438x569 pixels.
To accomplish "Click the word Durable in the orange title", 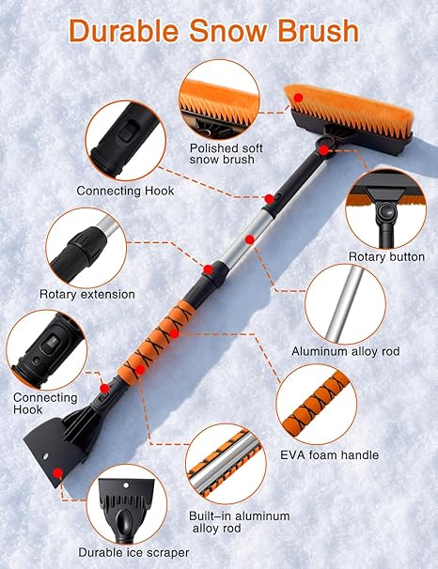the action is click(123, 31).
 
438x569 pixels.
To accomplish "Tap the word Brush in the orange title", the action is click(319, 31).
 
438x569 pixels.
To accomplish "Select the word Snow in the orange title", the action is click(228, 31).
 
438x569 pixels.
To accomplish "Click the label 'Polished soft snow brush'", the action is click(226, 153).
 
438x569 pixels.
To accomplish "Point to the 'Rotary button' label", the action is click(386, 256).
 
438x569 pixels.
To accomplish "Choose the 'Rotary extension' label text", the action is click(87, 294).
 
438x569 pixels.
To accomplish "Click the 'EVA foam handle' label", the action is click(329, 454).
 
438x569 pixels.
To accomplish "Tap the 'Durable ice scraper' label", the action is click(133, 552).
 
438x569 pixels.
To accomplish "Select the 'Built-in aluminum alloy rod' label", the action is click(239, 522).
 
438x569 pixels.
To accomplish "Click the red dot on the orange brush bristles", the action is click(298, 98).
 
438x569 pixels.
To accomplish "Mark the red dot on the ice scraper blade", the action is click(57, 473).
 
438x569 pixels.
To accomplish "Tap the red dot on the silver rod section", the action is click(249, 239).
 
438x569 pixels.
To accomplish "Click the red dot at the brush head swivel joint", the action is click(323, 150).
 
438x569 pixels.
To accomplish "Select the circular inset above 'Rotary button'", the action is click(386, 208).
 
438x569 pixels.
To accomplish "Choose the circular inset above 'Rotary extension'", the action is click(86, 248).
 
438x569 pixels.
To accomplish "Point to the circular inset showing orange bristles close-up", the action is click(219, 100).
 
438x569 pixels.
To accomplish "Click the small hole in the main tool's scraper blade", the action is click(46, 455).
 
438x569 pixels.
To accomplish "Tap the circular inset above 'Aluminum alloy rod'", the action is click(345, 304).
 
